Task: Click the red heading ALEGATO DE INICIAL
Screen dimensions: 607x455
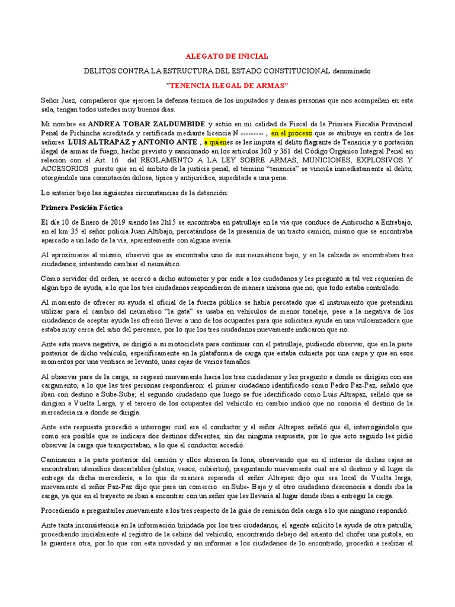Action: point(227,56)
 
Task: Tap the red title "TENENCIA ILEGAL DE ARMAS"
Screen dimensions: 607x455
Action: point(227,85)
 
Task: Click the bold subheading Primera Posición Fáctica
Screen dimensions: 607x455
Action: point(81,207)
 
